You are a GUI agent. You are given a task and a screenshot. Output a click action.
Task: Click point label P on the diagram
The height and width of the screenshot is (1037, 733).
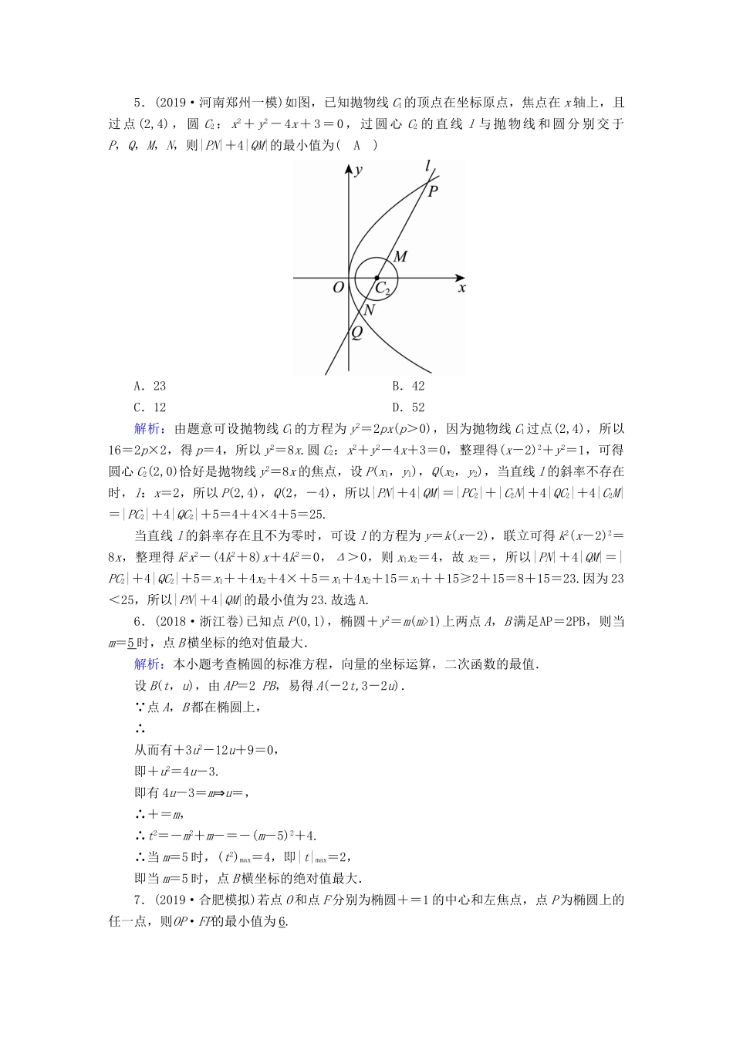pyautogui.click(x=433, y=191)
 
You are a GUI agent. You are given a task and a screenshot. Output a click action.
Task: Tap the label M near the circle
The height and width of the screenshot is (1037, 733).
pyautogui.click(x=400, y=257)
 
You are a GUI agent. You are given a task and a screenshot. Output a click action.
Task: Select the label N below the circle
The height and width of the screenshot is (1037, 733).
pyautogui.click(x=369, y=309)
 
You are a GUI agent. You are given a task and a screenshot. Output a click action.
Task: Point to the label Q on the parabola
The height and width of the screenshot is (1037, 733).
pyautogui.click(x=356, y=333)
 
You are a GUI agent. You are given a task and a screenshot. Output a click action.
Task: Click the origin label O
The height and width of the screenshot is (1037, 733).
pyautogui.click(x=337, y=288)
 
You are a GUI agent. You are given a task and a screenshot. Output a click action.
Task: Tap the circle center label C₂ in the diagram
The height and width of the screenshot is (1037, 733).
pyautogui.click(x=383, y=289)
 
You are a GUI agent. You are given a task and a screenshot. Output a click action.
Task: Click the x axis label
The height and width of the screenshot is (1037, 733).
pyautogui.click(x=462, y=288)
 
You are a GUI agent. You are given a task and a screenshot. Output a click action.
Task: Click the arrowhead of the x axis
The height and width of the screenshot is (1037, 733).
pyautogui.click(x=460, y=277)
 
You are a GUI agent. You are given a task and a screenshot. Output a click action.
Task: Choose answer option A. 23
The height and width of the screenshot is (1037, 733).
pyautogui.click(x=150, y=387)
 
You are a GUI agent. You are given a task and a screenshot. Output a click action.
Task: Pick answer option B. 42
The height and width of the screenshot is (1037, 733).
pyautogui.click(x=408, y=387)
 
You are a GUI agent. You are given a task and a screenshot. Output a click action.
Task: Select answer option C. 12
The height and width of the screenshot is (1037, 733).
pyautogui.click(x=150, y=407)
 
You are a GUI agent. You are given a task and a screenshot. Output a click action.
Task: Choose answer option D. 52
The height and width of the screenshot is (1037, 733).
pyautogui.click(x=408, y=407)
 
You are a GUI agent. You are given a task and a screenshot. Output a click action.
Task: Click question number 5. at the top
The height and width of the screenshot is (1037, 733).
pyautogui.click(x=140, y=103)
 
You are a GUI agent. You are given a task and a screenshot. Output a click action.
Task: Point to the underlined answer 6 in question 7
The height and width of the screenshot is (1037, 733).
pyautogui.click(x=282, y=921)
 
